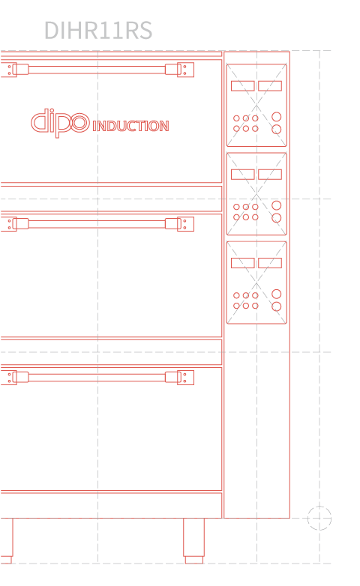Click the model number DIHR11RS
click(x=98, y=30)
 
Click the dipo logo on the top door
click(x=60, y=123)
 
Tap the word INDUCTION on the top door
click(x=130, y=126)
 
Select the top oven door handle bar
click(x=97, y=70)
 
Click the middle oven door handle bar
click(x=97, y=224)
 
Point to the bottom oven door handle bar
click(x=97, y=377)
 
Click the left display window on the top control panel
click(x=243, y=86)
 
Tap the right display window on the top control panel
click(x=270, y=86)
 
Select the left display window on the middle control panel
click(x=243, y=175)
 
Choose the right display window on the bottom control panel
click(x=270, y=263)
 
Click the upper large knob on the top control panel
click(x=277, y=117)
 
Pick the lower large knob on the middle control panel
click(x=277, y=218)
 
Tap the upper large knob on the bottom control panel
click(x=277, y=294)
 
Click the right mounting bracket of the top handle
click(x=185, y=70)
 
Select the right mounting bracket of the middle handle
click(x=185, y=224)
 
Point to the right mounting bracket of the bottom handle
click(x=185, y=378)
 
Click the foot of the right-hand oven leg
click(x=194, y=560)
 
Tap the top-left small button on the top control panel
click(x=236, y=118)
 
